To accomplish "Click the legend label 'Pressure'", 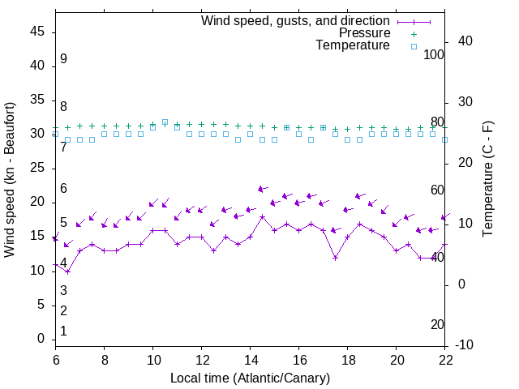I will [x=366, y=33].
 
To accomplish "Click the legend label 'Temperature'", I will [x=353, y=45].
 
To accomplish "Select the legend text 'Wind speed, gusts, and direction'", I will [x=296, y=20].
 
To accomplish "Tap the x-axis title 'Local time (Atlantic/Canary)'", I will [x=251, y=378].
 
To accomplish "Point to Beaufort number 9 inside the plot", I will [x=63, y=59].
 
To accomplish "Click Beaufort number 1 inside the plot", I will [x=63, y=331].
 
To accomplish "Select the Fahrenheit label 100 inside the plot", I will [x=435, y=54].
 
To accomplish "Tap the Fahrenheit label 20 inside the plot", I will [x=438, y=324].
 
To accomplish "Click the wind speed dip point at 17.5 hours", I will [x=336, y=258].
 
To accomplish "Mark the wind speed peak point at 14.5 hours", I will [x=263, y=216].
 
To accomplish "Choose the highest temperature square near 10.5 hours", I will [x=165, y=122].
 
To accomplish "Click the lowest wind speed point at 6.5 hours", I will [x=68, y=271].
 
